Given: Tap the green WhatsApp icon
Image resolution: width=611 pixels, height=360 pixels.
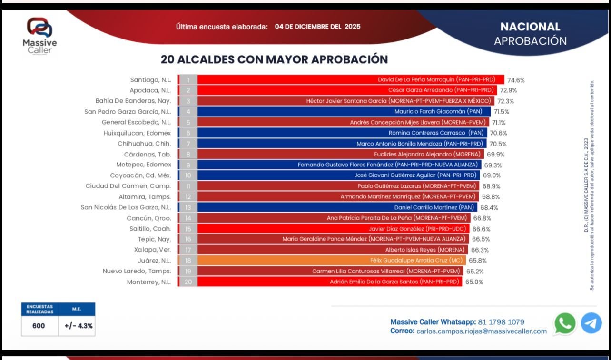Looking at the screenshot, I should click(565, 323).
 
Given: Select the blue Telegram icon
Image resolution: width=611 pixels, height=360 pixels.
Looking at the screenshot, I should click(591, 323).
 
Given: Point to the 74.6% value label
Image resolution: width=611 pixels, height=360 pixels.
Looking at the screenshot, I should click(516, 80).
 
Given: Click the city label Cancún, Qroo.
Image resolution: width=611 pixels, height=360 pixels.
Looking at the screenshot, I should click(148, 218).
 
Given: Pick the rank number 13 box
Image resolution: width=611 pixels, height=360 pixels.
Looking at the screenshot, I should click(188, 207).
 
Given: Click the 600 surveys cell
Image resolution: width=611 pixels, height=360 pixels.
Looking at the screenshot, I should click(39, 326).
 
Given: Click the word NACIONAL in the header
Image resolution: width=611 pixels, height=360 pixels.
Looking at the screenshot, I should click(530, 27).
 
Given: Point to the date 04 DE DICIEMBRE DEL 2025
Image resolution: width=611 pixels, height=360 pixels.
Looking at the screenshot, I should click(317, 27).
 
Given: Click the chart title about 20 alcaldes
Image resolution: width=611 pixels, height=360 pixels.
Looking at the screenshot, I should click(274, 59).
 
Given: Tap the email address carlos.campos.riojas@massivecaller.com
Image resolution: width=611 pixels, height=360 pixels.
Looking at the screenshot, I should click(482, 331).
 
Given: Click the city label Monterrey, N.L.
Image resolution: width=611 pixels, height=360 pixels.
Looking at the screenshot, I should click(148, 282).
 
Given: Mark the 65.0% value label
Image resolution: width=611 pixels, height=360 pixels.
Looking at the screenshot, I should click(474, 282).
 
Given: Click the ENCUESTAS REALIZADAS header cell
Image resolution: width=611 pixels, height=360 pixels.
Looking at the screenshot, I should click(39, 309).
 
